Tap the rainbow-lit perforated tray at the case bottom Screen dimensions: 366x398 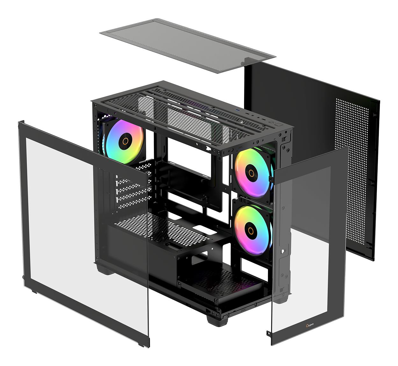pos(223,281)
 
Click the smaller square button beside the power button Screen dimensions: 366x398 pos(271,122)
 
